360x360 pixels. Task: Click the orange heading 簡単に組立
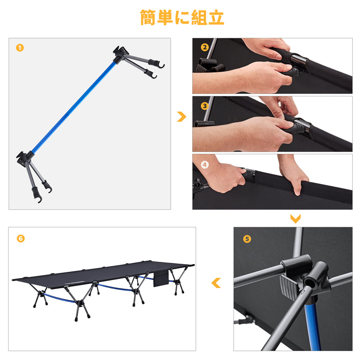click(x=182, y=17)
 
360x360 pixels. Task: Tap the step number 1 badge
click(x=20, y=48)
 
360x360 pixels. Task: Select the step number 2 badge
click(x=205, y=47)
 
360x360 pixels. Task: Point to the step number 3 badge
click(x=205, y=106)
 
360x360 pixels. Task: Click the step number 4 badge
click(x=205, y=164)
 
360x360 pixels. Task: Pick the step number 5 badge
click(x=247, y=239)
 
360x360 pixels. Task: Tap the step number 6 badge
click(x=21, y=238)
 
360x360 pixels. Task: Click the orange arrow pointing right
click(x=182, y=117)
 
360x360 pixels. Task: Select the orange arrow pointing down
click(x=295, y=219)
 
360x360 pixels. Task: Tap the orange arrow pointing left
click(x=216, y=283)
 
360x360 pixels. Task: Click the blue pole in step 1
click(x=74, y=107)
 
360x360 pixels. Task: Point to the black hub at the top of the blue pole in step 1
click(x=120, y=54)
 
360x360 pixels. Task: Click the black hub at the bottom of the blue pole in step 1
click(x=24, y=158)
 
